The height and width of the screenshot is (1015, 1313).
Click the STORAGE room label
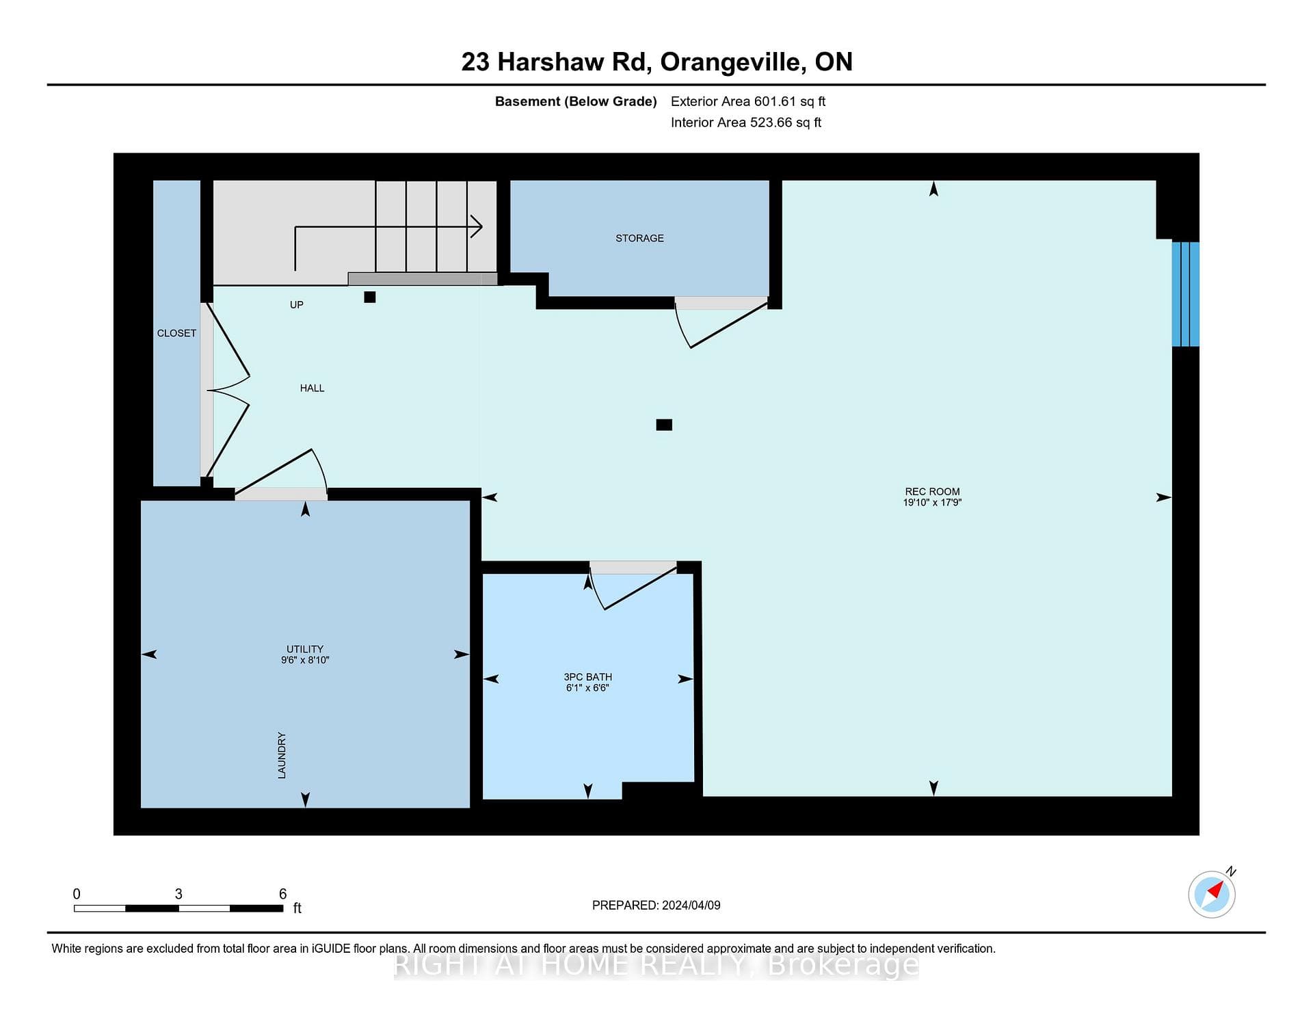(639, 238)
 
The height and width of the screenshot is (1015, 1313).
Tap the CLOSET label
(176, 333)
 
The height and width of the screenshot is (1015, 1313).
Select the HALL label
(312, 388)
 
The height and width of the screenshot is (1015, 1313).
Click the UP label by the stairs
(296, 304)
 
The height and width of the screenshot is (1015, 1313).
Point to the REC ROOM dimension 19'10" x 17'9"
(932, 502)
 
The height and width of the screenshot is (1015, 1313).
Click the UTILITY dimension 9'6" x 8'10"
(305, 660)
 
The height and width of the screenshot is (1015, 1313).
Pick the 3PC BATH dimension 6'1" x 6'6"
(587, 688)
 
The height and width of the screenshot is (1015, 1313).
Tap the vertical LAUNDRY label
(282, 755)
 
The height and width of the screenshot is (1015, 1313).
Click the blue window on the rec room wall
(1185, 294)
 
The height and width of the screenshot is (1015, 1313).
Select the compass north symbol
(1212, 893)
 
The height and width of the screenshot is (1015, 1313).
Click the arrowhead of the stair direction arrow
(477, 226)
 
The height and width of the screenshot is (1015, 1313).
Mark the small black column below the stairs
(370, 297)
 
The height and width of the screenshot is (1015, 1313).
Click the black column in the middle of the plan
(664, 425)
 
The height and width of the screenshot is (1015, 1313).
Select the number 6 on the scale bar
(282, 894)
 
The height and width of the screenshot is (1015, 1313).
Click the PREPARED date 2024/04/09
(691, 905)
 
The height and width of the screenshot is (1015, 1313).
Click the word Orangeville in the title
(730, 62)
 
